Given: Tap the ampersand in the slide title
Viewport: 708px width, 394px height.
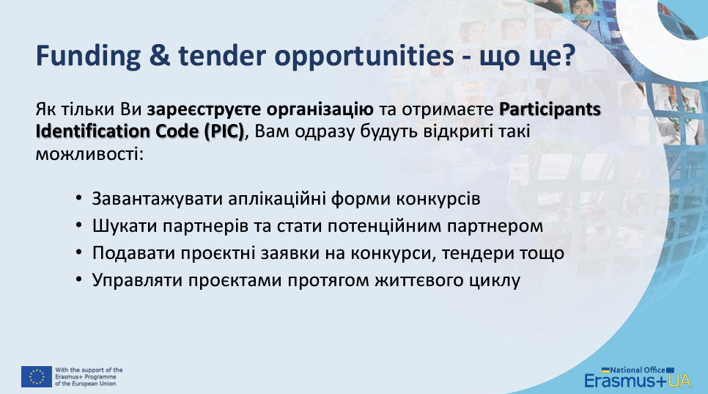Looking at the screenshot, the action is tap(159, 56).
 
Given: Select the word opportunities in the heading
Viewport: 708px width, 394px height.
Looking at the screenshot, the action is tap(364, 56).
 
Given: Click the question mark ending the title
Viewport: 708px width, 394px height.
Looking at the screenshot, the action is tap(568, 56).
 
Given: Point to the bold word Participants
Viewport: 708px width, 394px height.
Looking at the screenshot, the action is tap(550, 110).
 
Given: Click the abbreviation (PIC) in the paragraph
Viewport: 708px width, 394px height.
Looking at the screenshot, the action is tap(224, 131).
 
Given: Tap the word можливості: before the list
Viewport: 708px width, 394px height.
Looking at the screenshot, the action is tap(89, 154).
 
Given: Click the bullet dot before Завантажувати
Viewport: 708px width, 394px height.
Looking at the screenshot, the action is tap(79, 197).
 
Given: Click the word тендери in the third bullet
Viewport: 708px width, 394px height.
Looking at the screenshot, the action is tap(477, 253).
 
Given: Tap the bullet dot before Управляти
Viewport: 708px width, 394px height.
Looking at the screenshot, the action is tap(79, 279).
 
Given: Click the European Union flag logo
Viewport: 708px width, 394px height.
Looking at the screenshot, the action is tap(37, 377).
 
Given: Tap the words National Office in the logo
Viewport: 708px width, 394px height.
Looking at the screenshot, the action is tap(637, 370).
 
